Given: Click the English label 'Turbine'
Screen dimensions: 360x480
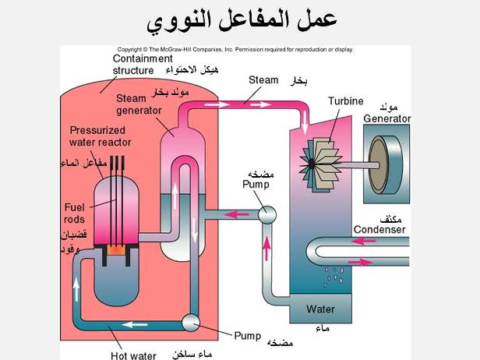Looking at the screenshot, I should [x=346, y=101].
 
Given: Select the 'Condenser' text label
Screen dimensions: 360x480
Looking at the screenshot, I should [x=379, y=230].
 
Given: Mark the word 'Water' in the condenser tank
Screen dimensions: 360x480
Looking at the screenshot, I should [x=320, y=309].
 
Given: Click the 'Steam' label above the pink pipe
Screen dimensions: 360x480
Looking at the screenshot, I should [x=263, y=79].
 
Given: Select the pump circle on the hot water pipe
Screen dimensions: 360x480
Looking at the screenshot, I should [x=189, y=321].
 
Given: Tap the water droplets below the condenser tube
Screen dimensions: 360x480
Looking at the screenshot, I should [x=333, y=274].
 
